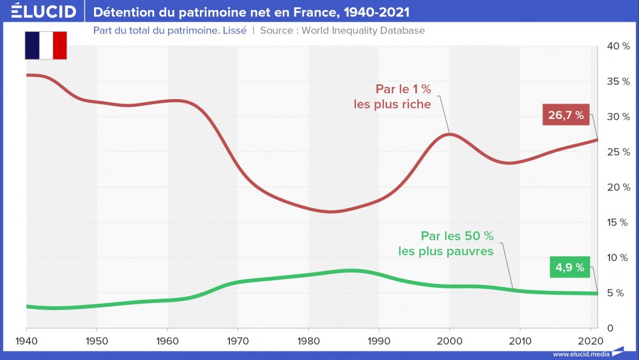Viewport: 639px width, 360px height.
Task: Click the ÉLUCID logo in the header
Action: coord(43,12)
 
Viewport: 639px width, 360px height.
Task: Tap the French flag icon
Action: coord(45,45)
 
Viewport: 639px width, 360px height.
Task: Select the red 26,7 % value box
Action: coord(566,116)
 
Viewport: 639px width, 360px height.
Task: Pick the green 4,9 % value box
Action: coord(569,267)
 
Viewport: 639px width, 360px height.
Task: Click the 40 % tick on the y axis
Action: coord(617,46)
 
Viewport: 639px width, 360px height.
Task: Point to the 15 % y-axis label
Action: coord(617,223)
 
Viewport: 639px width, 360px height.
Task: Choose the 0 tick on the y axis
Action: coord(610,328)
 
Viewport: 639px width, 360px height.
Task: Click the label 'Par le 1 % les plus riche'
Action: coord(393,96)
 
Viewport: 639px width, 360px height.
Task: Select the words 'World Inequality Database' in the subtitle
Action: coord(362,30)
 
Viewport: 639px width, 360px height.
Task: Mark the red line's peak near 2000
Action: coord(449,133)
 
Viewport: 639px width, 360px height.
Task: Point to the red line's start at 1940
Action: coord(27,75)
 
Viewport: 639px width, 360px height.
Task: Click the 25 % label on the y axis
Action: coord(617,152)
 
